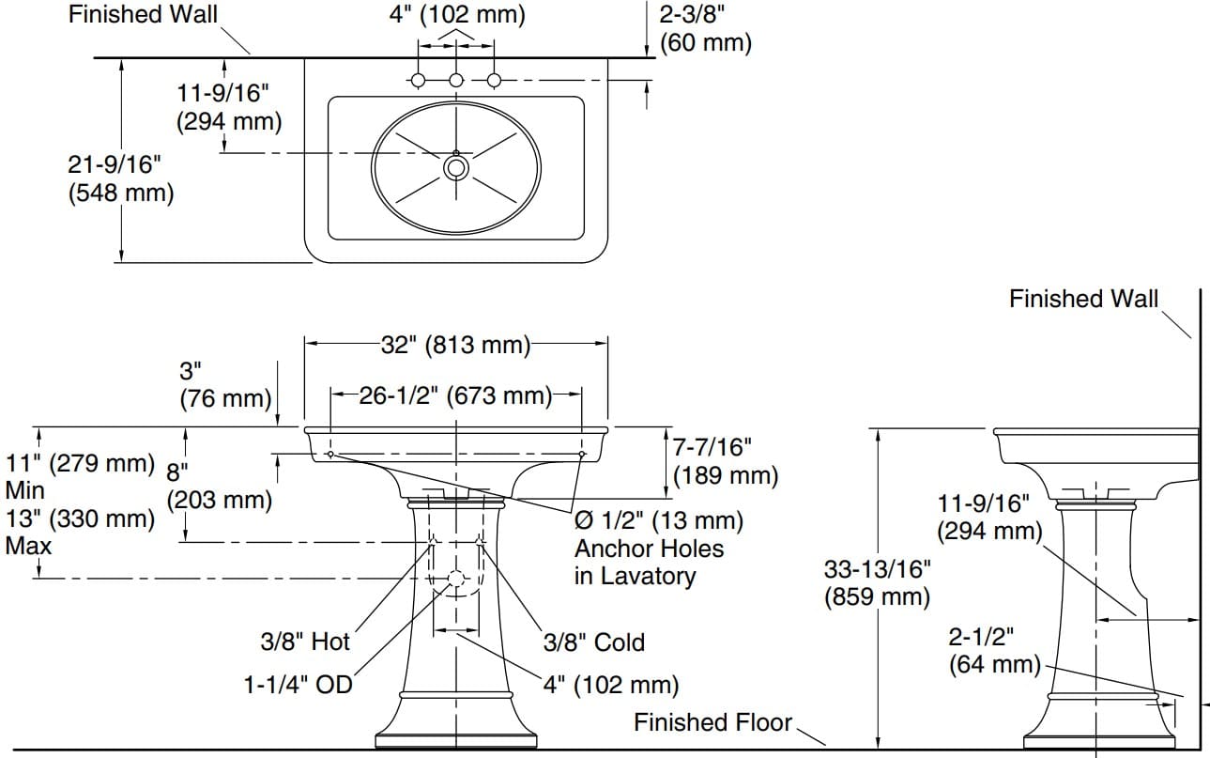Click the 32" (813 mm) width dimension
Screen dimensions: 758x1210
point(455,345)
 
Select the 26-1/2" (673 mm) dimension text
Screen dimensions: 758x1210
point(455,395)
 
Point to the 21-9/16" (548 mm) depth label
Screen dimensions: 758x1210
point(121,178)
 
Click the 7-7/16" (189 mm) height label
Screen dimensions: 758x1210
point(726,461)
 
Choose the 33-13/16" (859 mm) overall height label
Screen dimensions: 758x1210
point(877,582)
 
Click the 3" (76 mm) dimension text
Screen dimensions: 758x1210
point(225,384)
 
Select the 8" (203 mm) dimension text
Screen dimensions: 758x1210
point(219,486)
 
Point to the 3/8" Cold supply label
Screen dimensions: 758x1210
point(594,642)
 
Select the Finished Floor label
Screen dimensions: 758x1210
point(713,722)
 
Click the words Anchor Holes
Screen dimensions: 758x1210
point(649,549)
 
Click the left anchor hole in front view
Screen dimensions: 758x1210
point(330,455)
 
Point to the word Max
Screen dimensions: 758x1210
point(28,546)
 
